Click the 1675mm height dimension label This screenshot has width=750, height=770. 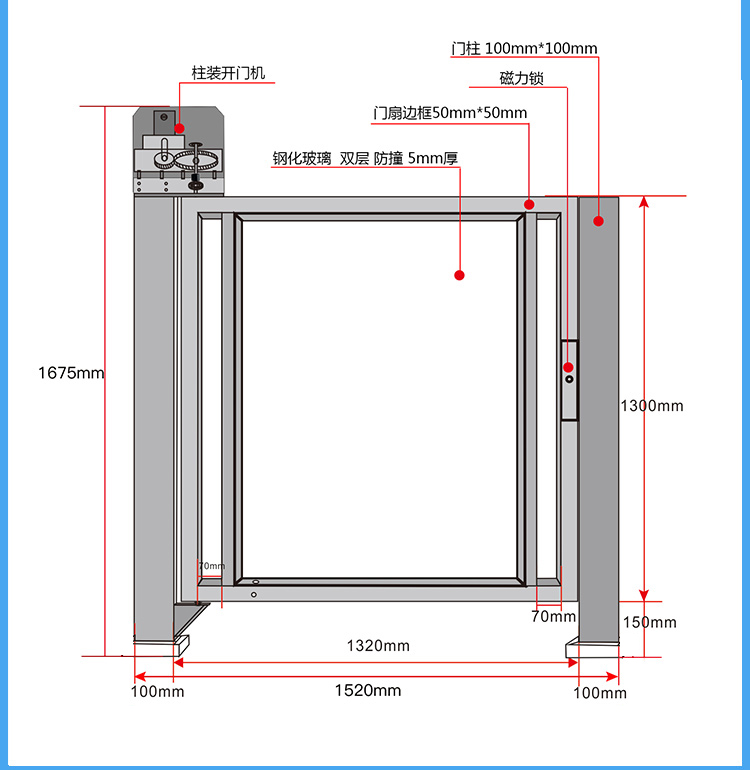(x=71, y=373)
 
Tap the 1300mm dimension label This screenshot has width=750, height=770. (x=652, y=405)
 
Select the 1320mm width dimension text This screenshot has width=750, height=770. (x=378, y=645)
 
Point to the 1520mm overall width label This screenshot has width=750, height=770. (x=368, y=690)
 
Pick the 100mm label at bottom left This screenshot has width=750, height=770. (x=158, y=692)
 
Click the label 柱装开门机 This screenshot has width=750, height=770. (x=229, y=73)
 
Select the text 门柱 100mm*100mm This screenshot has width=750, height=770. (x=524, y=48)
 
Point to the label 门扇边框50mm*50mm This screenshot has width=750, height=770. (x=450, y=113)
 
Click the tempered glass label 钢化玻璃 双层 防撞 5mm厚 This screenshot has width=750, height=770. (x=366, y=158)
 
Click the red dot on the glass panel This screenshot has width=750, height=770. (x=460, y=275)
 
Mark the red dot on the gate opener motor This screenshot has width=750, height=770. (x=179, y=128)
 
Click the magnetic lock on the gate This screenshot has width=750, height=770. (x=568, y=380)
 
